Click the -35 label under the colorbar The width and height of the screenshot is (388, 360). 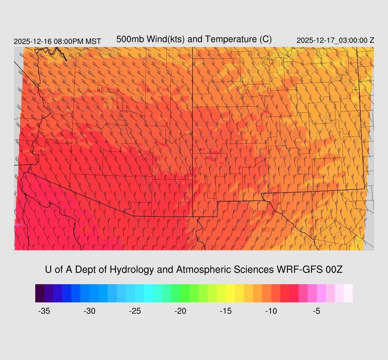tap(44, 311)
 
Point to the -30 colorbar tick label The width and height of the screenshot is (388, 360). tap(89, 311)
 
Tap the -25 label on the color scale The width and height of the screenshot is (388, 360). tap(135, 311)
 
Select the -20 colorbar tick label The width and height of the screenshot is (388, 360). tap(180, 311)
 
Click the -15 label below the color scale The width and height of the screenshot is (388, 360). tap(226, 311)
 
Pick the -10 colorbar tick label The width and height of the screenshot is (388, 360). tap(271, 311)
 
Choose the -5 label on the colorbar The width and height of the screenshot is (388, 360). tap(317, 311)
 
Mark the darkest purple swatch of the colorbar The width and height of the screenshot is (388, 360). tap(40, 293)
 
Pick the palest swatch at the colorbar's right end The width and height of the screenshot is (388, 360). tap(348, 293)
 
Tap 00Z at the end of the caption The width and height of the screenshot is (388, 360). tap(334, 270)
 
